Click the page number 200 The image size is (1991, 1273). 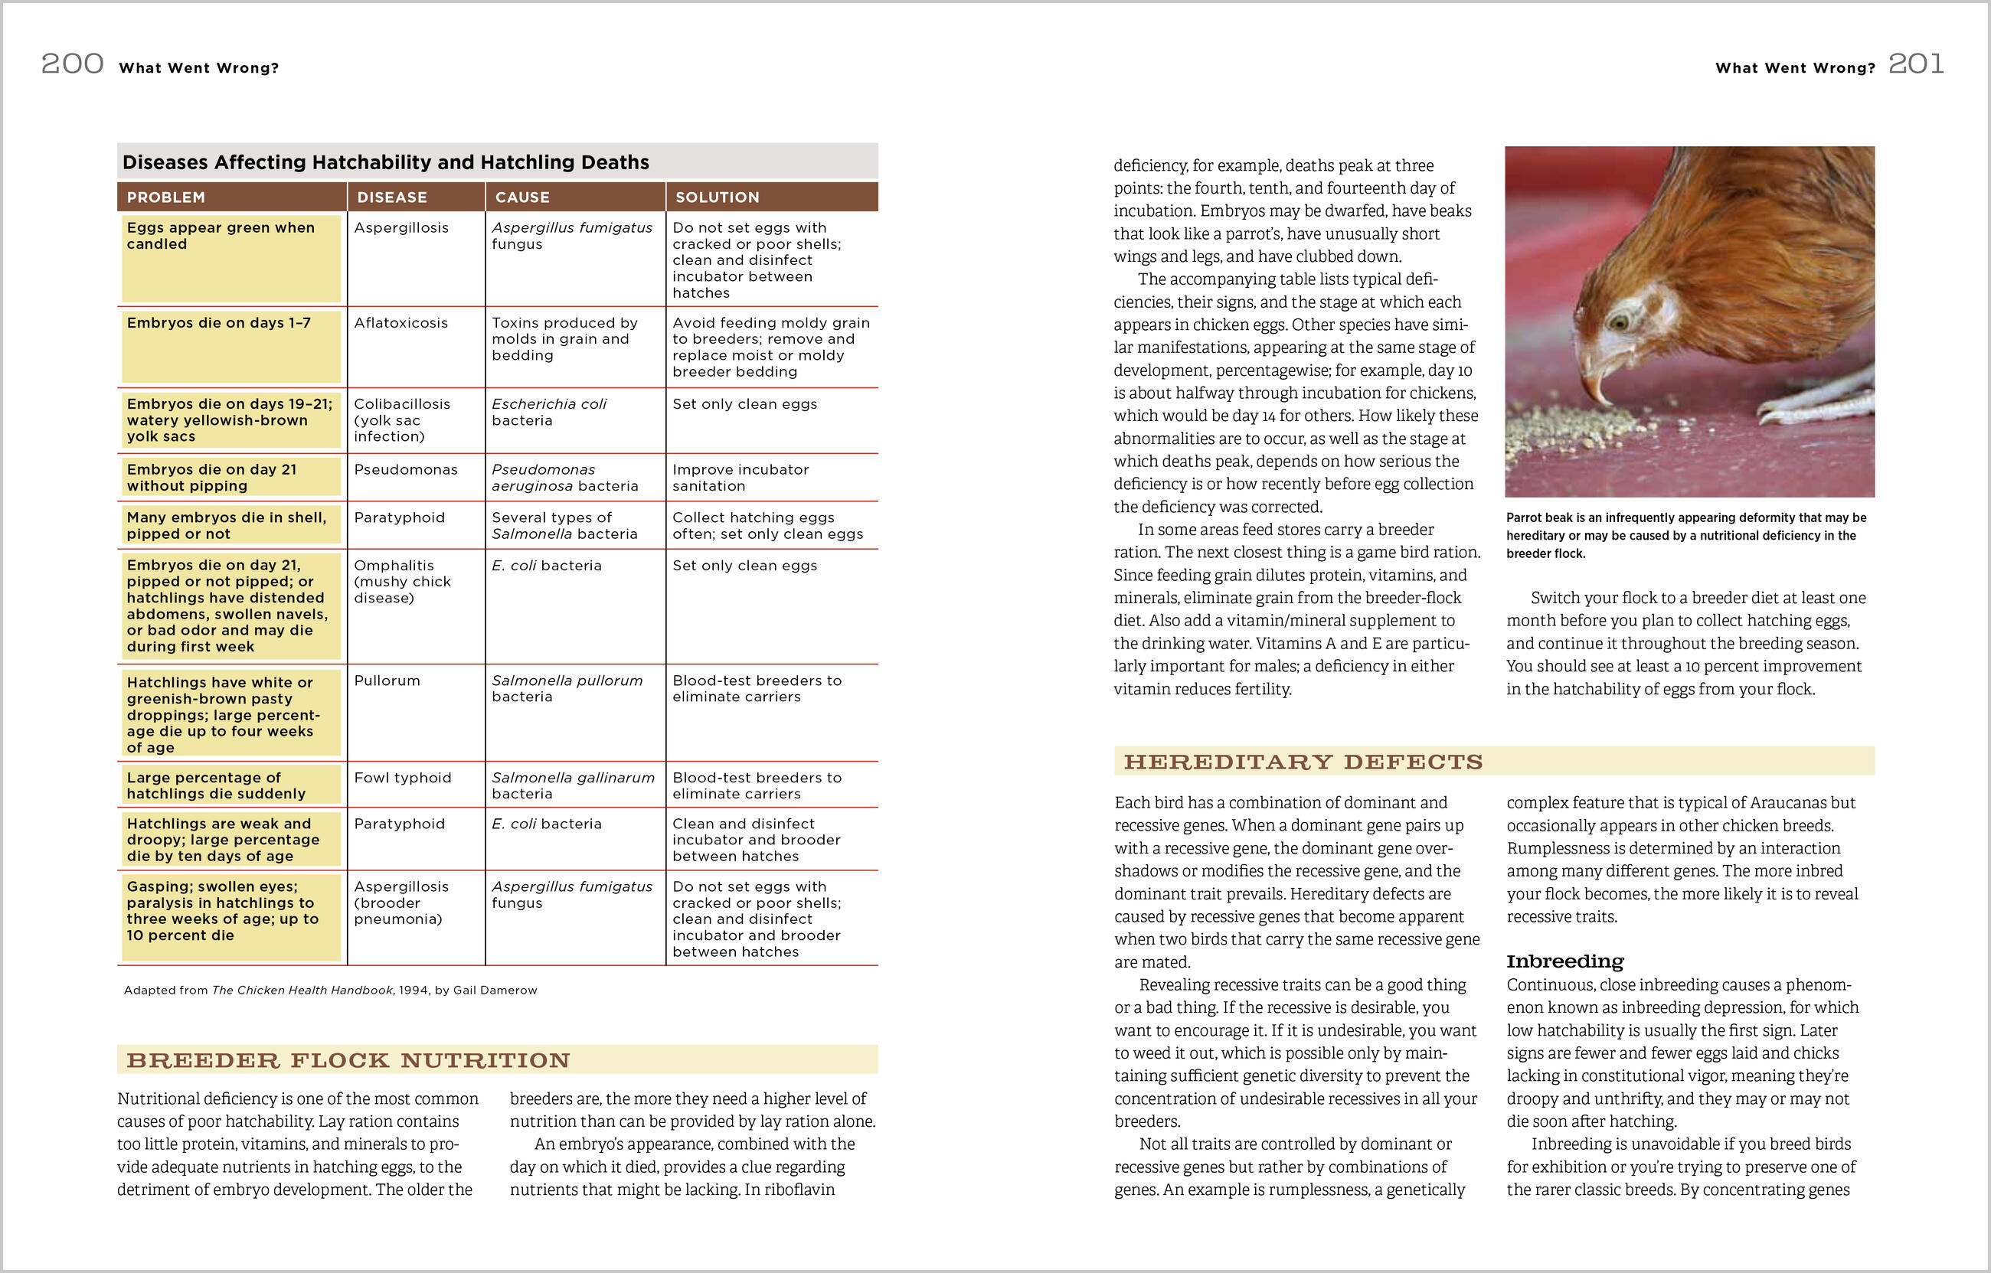coord(73,64)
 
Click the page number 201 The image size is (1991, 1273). coord(1916,64)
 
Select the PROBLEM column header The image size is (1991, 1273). coord(166,197)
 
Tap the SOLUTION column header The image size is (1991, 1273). coord(717,197)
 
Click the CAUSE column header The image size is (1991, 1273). coord(522,197)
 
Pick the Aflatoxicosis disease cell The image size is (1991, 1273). coord(401,323)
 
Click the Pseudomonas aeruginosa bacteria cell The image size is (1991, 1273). coord(564,478)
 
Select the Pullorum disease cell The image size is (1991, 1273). coord(387,681)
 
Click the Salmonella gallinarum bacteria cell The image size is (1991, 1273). coord(573,785)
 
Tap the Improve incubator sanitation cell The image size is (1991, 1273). coord(740,478)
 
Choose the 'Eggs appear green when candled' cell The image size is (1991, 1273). coord(221,236)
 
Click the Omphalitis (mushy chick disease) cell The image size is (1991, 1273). coord(403,581)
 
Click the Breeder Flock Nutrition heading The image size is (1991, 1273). coord(348,1060)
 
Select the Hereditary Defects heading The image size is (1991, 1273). coord(1303,762)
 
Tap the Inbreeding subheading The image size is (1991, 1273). coord(1564,961)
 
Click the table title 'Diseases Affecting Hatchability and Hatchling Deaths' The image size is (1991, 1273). coord(385,162)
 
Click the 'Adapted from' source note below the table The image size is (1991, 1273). coord(331,991)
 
